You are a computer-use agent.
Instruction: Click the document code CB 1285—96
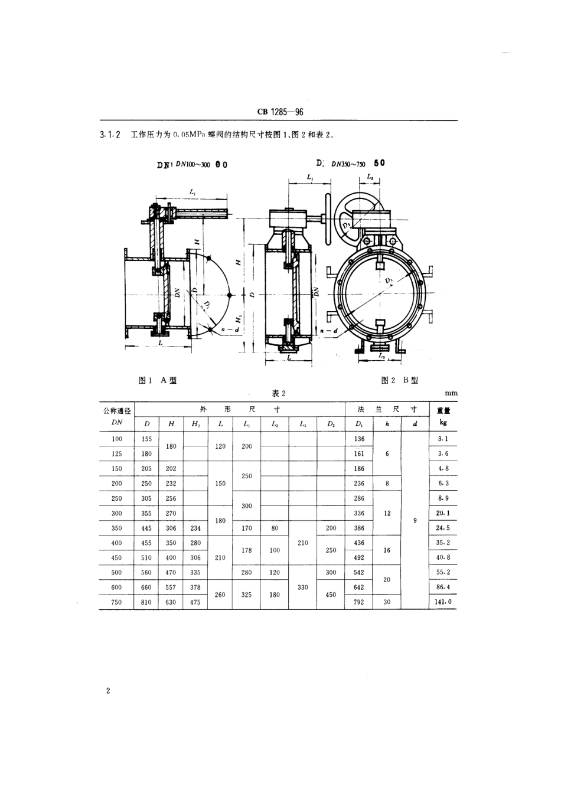[x=280, y=112]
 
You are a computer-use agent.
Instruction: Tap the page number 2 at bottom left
[x=108, y=691]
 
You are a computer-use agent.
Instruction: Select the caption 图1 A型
[x=157, y=380]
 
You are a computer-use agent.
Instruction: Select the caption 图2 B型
[x=400, y=380]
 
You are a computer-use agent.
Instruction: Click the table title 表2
[x=279, y=394]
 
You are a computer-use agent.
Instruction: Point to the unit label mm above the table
[x=451, y=393]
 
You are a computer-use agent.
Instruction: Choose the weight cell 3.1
[x=443, y=439]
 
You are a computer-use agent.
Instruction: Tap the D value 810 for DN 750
[x=146, y=602]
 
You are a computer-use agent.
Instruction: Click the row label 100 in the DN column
[x=117, y=439]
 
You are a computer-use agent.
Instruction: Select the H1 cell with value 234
[x=195, y=528]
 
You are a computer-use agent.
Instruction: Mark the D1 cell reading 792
[x=359, y=602]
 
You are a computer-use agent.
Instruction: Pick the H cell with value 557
[x=171, y=588]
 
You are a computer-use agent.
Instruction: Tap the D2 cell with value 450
[x=331, y=595]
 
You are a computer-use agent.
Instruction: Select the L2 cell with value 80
[x=275, y=528]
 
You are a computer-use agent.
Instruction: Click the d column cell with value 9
[x=415, y=520]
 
